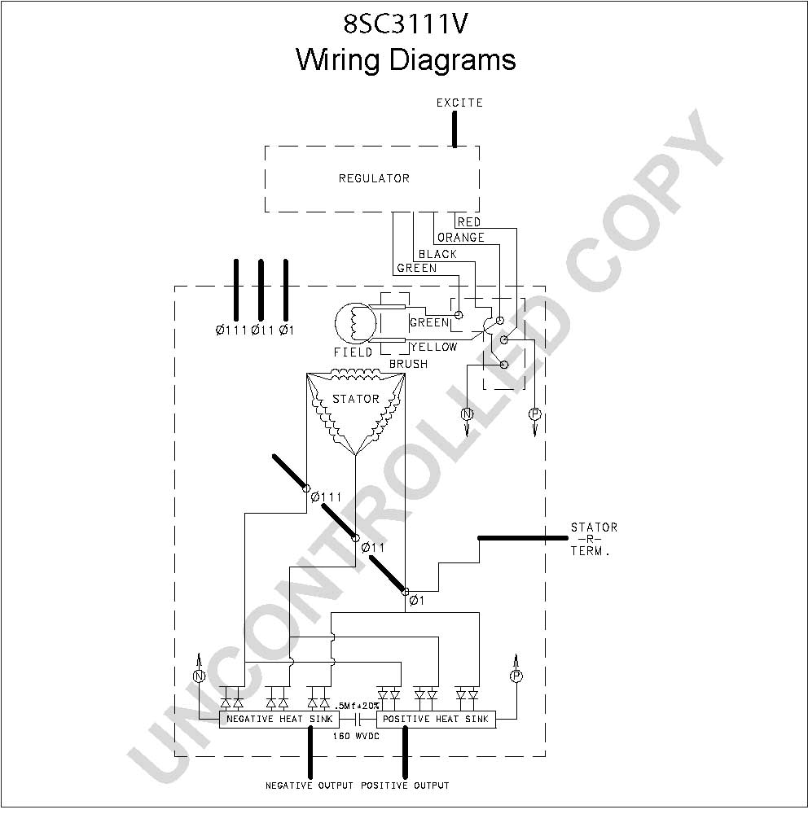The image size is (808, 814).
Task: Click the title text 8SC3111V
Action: click(x=406, y=24)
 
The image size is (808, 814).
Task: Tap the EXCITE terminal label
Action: click(x=459, y=103)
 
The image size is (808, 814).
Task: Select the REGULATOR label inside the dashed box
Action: click(x=374, y=178)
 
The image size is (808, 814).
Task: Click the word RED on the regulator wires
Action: click(x=468, y=222)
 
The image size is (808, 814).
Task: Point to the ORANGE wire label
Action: click(x=461, y=238)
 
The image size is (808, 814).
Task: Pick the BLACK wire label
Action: click(x=437, y=254)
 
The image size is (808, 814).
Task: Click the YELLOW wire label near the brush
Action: click(x=434, y=347)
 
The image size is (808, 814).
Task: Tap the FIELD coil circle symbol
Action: click(x=355, y=323)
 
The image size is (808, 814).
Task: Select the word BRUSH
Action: click(x=408, y=364)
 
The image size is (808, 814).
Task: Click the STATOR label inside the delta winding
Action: click(x=356, y=399)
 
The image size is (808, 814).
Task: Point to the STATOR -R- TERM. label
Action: click(x=594, y=540)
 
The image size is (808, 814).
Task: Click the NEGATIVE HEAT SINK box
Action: click(x=279, y=719)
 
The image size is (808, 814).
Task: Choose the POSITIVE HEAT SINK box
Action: click(x=436, y=719)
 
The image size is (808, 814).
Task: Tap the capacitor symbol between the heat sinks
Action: click(x=358, y=720)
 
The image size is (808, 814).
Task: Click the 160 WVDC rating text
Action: click(x=357, y=736)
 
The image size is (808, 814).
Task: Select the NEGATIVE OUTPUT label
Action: click(x=310, y=786)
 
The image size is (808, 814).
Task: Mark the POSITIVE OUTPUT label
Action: click(x=406, y=786)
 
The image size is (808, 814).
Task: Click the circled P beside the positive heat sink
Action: click(x=516, y=676)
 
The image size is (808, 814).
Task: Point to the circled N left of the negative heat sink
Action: click(x=199, y=676)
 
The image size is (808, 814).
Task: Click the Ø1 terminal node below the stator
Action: click(x=406, y=591)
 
